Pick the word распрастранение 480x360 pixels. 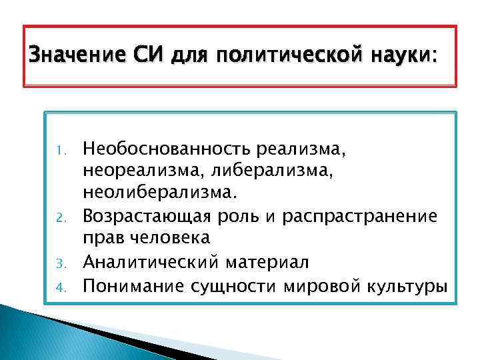point(379,217)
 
